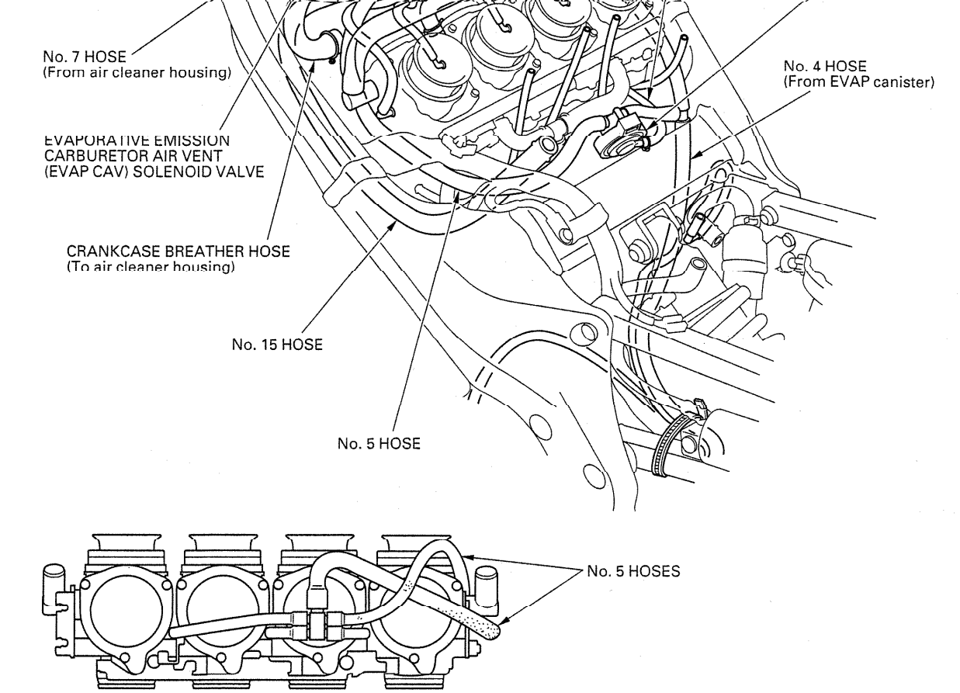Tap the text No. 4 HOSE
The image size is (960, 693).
click(826, 68)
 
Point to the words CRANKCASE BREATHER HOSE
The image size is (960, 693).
click(178, 251)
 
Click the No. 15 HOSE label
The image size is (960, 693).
click(277, 345)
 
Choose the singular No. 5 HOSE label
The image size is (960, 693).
click(379, 444)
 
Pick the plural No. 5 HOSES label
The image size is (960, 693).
click(633, 571)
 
